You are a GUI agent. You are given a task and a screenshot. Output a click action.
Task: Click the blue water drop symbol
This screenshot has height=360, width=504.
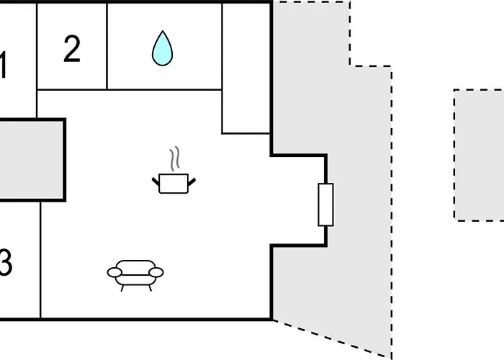[162, 48]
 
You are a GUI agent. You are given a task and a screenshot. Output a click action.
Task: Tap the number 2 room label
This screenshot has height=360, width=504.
[72, 49]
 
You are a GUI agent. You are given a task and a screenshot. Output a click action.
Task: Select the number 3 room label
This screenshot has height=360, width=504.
[6, 262]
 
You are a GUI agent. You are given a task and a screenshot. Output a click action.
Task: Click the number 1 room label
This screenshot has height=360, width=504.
[3, 65]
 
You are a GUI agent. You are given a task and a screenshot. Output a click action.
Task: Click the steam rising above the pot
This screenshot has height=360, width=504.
[175, 159]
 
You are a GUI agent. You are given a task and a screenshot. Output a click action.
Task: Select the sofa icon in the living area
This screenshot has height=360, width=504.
[135, 276]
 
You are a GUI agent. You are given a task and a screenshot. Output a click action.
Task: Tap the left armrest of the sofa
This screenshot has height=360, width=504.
[114, 273]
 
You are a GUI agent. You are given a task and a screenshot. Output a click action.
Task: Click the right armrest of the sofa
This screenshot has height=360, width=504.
[156, 273]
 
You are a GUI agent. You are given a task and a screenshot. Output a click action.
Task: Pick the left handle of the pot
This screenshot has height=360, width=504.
[156, 181]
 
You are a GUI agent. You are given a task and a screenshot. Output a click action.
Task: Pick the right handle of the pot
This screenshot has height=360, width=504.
[192, 182]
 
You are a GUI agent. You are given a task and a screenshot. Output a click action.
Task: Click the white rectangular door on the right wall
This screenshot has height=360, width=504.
[325, 204]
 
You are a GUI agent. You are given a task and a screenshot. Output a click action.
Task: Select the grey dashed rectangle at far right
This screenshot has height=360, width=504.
[479, 155]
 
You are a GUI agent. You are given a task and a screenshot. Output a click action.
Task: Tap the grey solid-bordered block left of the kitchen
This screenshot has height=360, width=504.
[32, 160]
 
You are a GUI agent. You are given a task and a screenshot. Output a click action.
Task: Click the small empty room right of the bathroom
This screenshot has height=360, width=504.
[246, 68]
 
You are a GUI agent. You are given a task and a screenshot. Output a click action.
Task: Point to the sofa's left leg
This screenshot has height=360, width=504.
[122, 288]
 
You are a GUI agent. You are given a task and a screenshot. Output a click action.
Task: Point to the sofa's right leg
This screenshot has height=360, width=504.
[150, 288]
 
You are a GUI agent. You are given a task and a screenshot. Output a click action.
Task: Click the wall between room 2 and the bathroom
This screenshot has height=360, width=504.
[107, 46]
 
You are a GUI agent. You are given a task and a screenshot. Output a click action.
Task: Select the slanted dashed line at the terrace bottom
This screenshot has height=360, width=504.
[332, 338]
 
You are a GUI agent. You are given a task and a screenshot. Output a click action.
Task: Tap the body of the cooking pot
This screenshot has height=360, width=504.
[174, 184]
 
